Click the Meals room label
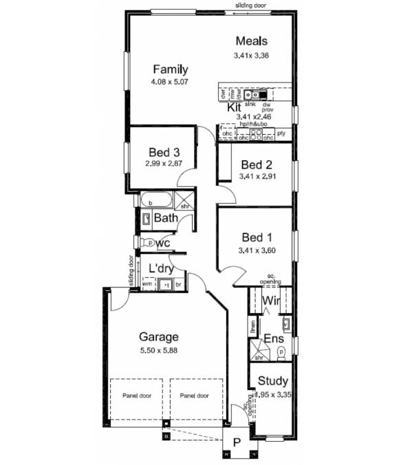(251, 41)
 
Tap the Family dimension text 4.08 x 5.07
(170, 82)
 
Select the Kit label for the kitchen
(234, 108)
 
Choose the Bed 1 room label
(255, 238)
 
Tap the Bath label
(166, 219)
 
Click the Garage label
(159, 337)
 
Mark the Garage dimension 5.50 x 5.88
(159, 349)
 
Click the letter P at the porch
(235, 444)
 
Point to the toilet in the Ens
(281, 353)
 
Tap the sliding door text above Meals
(251, 6)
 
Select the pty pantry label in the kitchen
(281, 132)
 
